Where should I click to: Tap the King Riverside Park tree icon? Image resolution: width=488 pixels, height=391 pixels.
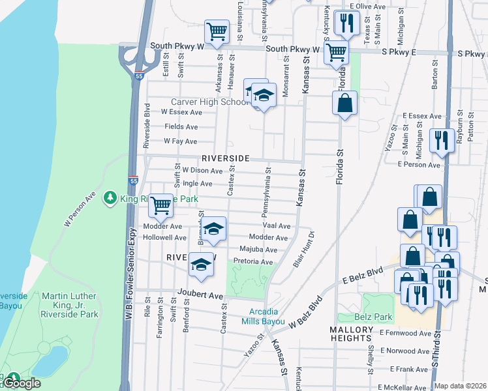(x=110, y=197)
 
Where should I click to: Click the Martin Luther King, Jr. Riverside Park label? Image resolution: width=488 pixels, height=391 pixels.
(x=70, y=305)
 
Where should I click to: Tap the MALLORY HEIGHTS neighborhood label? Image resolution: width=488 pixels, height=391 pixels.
(x=351, y=334)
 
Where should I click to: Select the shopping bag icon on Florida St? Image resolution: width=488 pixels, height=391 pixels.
(x=344, y=103)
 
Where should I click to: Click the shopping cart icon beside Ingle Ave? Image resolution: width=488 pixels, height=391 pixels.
(x=160, y=206)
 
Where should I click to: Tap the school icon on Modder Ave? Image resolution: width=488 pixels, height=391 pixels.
(x=213, y=229)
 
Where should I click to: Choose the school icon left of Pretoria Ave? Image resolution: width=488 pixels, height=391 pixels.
(x=202, y=265)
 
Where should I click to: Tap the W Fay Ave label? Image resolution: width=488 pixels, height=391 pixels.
(x=180, y=141)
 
